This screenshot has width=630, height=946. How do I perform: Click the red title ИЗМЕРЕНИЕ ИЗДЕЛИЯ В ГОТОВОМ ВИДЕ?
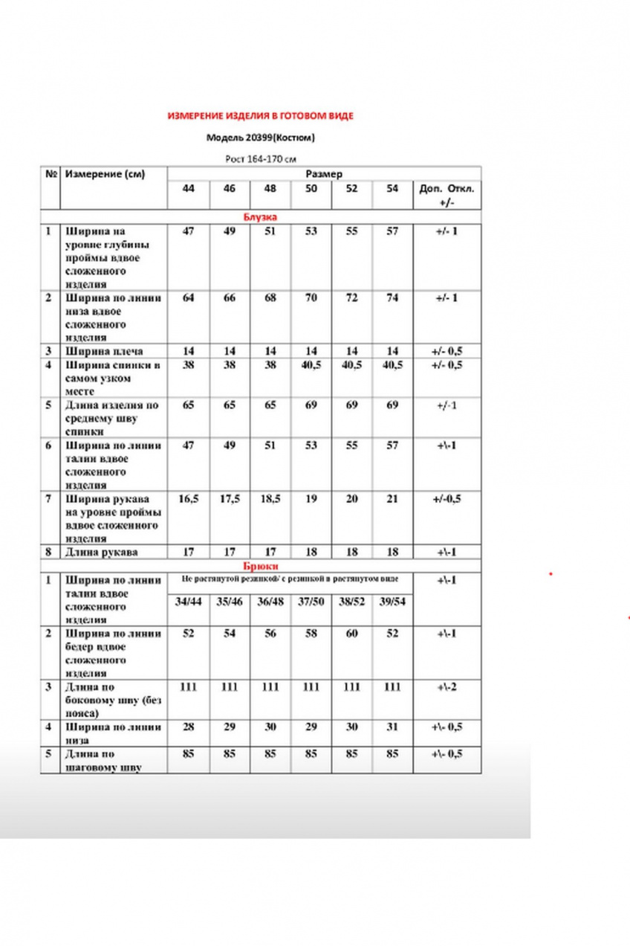(260, 116)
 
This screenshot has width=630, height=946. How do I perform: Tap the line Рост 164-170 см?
(261, 158)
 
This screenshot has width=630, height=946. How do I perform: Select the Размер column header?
(324, 174)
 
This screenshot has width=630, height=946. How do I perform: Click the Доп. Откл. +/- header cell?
(446, 195)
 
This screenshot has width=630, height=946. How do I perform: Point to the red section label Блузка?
(260, 217)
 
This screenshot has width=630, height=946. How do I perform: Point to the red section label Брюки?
(260, 566)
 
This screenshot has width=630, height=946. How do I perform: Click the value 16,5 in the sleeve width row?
(188, 499)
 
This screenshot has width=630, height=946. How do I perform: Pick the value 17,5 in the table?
(230, 499)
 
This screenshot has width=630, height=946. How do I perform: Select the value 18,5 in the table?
(270, 499)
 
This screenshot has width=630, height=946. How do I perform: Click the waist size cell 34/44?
(188, 601)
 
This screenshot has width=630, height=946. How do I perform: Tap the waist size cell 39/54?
(392, 601)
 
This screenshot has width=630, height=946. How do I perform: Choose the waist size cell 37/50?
(311, 601)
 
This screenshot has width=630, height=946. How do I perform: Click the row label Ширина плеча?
(104, 351)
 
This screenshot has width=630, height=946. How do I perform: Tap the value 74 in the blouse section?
(392, 298)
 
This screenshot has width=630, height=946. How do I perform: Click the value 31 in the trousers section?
(392, 727)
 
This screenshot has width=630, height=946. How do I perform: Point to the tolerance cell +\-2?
(446, 687)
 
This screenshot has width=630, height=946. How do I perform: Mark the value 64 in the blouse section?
(188, 298)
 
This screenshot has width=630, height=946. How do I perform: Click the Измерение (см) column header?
(105, 174)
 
